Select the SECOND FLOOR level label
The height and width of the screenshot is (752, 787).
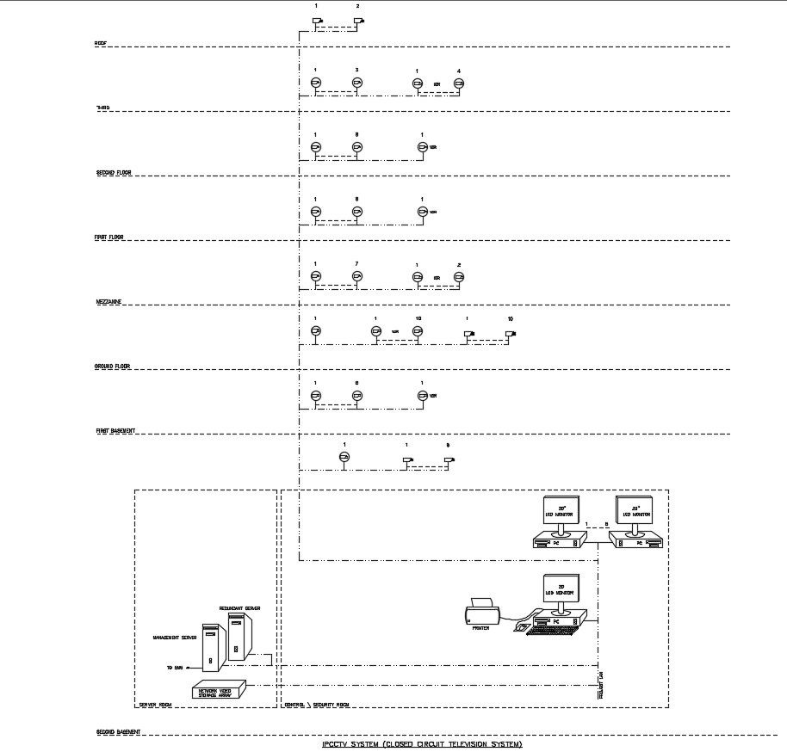click(113, 172)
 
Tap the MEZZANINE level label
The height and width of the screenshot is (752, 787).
click(108, 302)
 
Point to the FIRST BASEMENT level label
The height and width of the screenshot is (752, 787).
click(115, 430)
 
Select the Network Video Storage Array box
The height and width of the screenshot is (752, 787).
click(218, 690)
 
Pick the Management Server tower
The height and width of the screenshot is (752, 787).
click(211, 646)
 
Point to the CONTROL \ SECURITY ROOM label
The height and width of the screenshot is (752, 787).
click(316, 704)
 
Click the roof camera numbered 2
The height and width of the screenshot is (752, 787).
click(358, 21)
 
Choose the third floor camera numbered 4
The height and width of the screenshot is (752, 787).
click(459, 83)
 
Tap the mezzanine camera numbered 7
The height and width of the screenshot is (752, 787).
click(356, 276)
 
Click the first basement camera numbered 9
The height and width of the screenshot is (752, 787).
click(448, 460)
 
